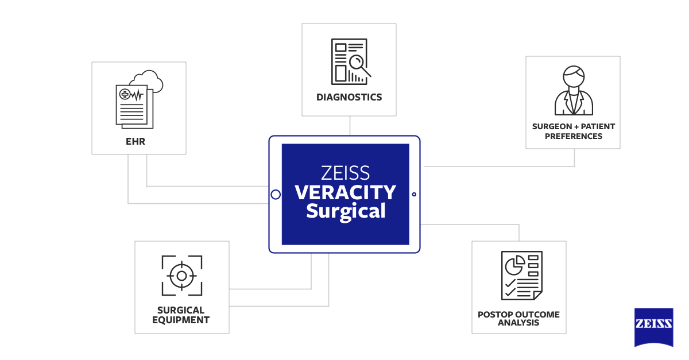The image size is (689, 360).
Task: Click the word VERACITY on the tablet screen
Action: pos(345,192)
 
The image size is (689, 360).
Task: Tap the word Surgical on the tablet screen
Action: pos(345,211)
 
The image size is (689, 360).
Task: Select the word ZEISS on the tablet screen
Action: pos(345,173)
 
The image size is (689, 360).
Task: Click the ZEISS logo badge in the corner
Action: pos(653,326)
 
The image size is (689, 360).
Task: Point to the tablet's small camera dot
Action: pos(414,194)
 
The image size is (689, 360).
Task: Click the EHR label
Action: pos(138,141)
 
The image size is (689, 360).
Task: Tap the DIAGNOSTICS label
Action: pos(349,97)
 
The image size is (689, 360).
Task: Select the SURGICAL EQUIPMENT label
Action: pos(181,315)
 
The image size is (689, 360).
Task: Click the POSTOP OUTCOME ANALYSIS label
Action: pos(518,319)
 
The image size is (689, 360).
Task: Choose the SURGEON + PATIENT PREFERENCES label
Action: pos(573,131)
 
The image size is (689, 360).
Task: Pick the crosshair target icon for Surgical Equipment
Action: pos(181,276)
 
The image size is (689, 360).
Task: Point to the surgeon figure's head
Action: pos(573,75)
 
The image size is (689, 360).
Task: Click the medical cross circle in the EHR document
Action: pos(125,94)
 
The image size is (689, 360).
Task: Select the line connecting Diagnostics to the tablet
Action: pos(349,125)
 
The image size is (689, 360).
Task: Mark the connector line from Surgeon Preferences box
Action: pos(574,158)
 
